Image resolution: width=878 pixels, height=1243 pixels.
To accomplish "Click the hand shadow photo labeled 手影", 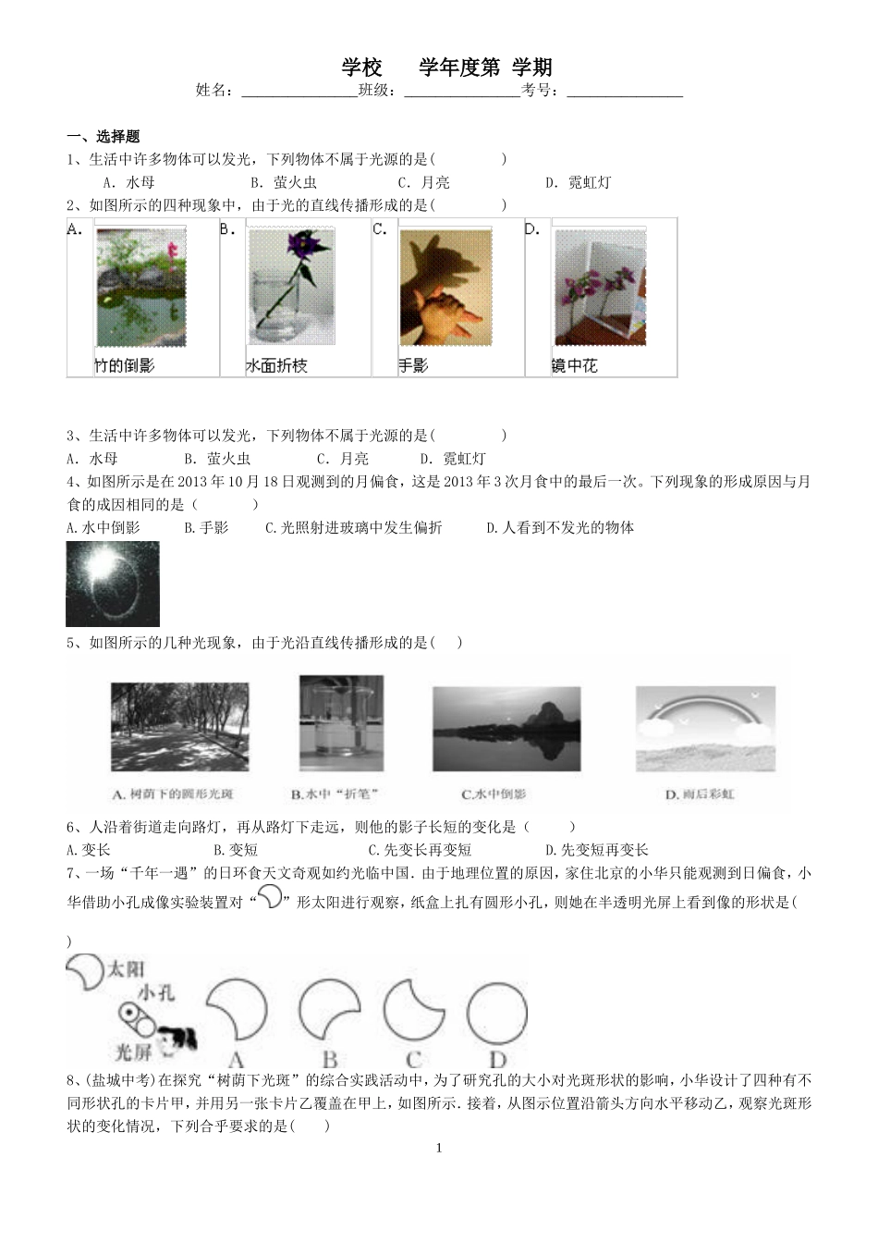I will click(x=445, y=288).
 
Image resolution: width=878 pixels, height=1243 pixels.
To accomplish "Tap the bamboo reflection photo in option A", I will click(x=140, y=288).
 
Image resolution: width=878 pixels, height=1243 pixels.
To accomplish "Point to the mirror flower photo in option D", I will click(x=599, y=288).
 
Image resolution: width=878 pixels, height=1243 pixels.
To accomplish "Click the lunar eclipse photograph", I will click(x=113, y=584).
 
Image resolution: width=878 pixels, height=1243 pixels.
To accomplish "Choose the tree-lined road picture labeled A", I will click(x=179, y=727).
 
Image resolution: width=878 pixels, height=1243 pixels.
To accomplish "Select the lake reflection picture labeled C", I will click(x=506, y=730).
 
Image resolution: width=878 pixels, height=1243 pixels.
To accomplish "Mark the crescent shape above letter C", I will click(x=413, y=1013).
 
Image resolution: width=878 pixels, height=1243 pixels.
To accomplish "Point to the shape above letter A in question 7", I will click(x=236, y=1013).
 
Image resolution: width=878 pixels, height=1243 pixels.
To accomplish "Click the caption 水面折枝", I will click(x=276, y=366).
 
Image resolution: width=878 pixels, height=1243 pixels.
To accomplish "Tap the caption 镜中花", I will click(x=575, y=366).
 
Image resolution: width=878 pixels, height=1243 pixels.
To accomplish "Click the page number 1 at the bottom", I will click(x=439, y=1149).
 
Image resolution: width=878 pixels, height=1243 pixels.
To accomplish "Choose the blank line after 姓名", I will click(x=299, y=92).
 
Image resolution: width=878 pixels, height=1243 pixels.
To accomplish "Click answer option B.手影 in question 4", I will click(x=206, y=528).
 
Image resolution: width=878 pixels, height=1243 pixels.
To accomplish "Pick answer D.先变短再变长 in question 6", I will click(x=596, y=850).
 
